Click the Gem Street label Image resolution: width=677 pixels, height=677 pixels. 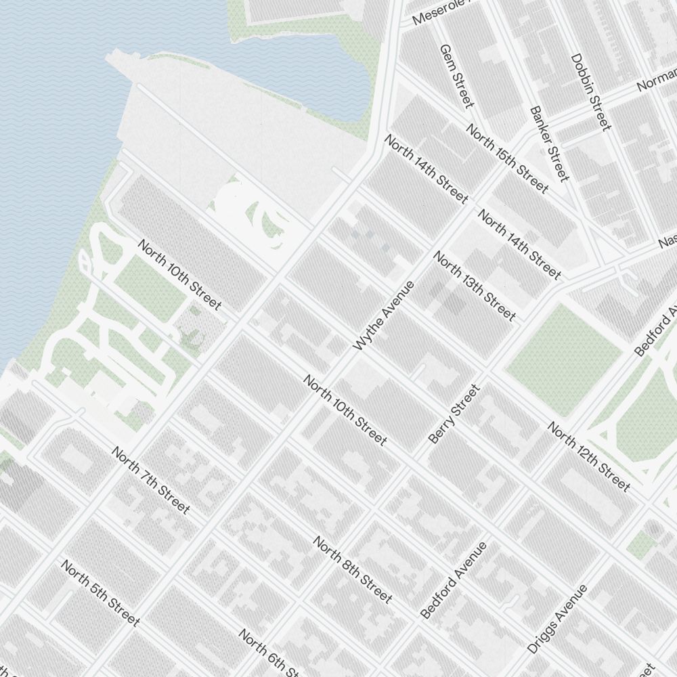(456, 76)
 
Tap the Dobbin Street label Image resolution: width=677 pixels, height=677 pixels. (591, 92)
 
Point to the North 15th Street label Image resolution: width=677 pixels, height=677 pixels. (506, 159)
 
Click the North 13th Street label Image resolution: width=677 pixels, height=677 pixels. (475, 286)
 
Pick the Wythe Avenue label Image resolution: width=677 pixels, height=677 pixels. (383, 315)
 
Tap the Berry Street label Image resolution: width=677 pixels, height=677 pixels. (454, 414)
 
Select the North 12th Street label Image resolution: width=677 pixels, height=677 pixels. (588, 457)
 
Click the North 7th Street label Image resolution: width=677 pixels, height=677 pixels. (150, 479)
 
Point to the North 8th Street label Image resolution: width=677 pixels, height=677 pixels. (352, 569)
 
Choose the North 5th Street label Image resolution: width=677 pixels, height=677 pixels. (100, 592)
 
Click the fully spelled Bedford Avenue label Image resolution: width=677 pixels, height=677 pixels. (453, 580)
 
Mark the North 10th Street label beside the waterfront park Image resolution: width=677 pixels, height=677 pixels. (179, 275)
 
